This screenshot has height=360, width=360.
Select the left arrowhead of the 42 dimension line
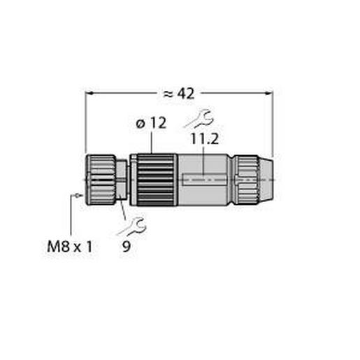[x=89, y=92]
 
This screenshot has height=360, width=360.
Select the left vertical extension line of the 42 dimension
[x=85, y=126]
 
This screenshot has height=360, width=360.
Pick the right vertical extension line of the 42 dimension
[x=272, y=126]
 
